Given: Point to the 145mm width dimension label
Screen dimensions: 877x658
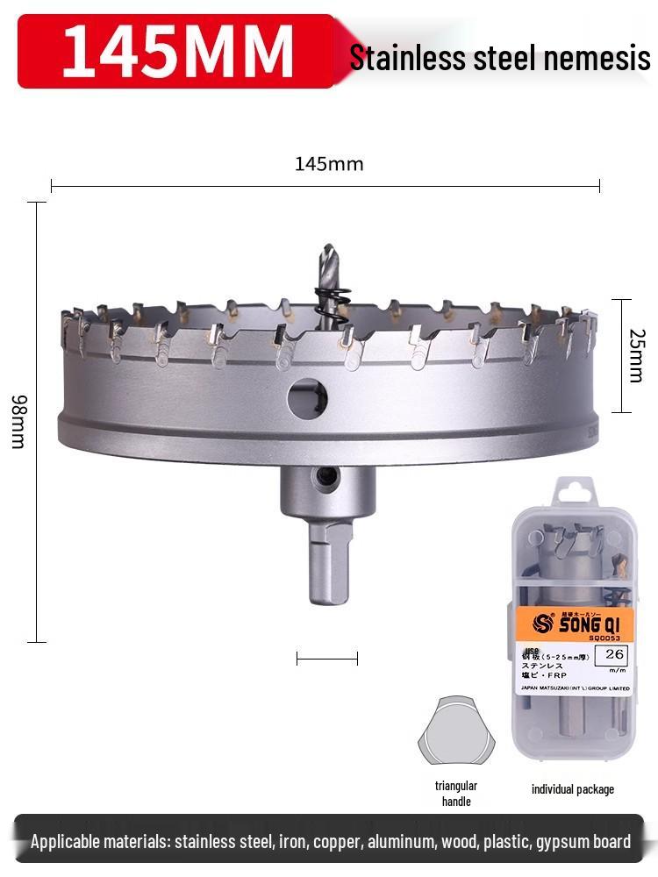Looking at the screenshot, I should point(328,164).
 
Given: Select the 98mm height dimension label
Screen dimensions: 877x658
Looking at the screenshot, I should point(18,422).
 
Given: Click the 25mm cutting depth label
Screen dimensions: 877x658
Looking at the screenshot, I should point(638,355).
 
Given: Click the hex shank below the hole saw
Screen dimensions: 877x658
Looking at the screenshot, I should point(329,566).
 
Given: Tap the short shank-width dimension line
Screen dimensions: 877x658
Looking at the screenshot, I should point(327,658).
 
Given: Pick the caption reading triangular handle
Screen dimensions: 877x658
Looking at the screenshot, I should point(456,794).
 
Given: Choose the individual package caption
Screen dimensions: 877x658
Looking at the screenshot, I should point(573,789).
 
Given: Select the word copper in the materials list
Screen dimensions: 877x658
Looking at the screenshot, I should point(335,842).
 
